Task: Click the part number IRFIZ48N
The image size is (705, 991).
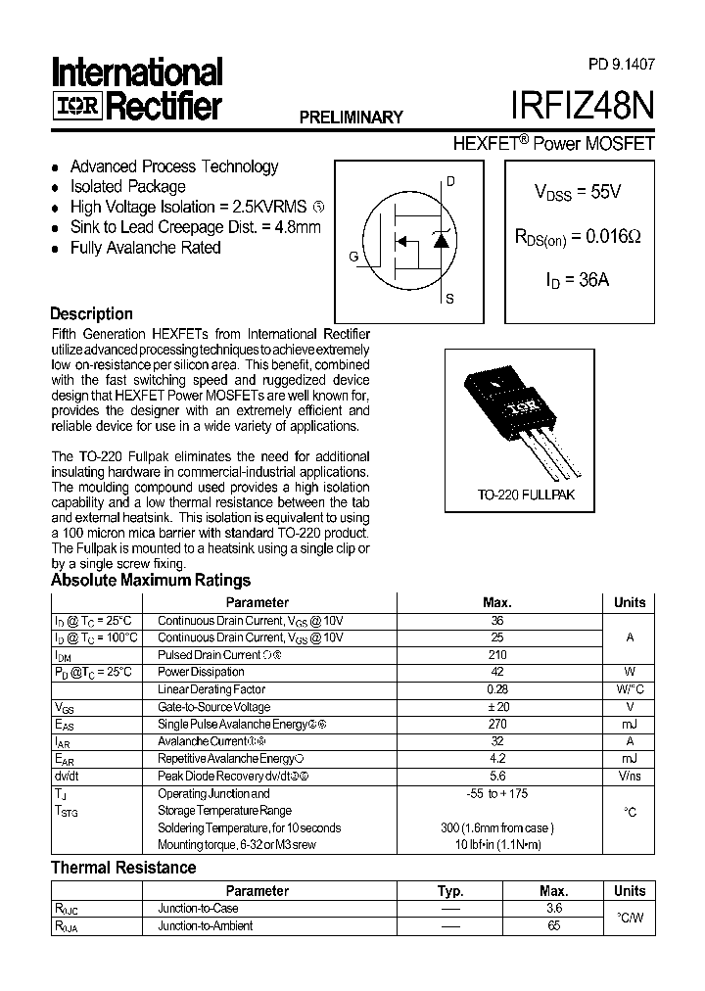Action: [583, 106]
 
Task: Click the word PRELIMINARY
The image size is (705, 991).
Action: [351, 118]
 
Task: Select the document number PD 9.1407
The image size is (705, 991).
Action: [622, 64]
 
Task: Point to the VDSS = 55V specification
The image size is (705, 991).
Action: [577, 193]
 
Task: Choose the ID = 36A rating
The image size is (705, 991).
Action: [577, 279]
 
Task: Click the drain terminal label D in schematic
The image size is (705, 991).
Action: [450, 181]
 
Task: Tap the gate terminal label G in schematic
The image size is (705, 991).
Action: [352, 257]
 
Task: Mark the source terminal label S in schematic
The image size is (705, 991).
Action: [449, 300]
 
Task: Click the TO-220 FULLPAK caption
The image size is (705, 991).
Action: [526, 495]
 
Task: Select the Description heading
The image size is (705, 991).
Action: [91, 314]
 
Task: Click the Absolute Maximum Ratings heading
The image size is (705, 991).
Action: [151, 581]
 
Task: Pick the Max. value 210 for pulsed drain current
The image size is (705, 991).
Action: [496, 655]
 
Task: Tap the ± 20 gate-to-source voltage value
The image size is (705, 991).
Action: [496, 707]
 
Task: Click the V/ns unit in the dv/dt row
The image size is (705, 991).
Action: [629, 777]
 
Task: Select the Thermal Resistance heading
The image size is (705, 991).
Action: [123, 868]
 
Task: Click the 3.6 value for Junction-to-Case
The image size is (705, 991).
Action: [553, 909]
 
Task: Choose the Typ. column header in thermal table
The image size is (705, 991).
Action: [450, 891]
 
